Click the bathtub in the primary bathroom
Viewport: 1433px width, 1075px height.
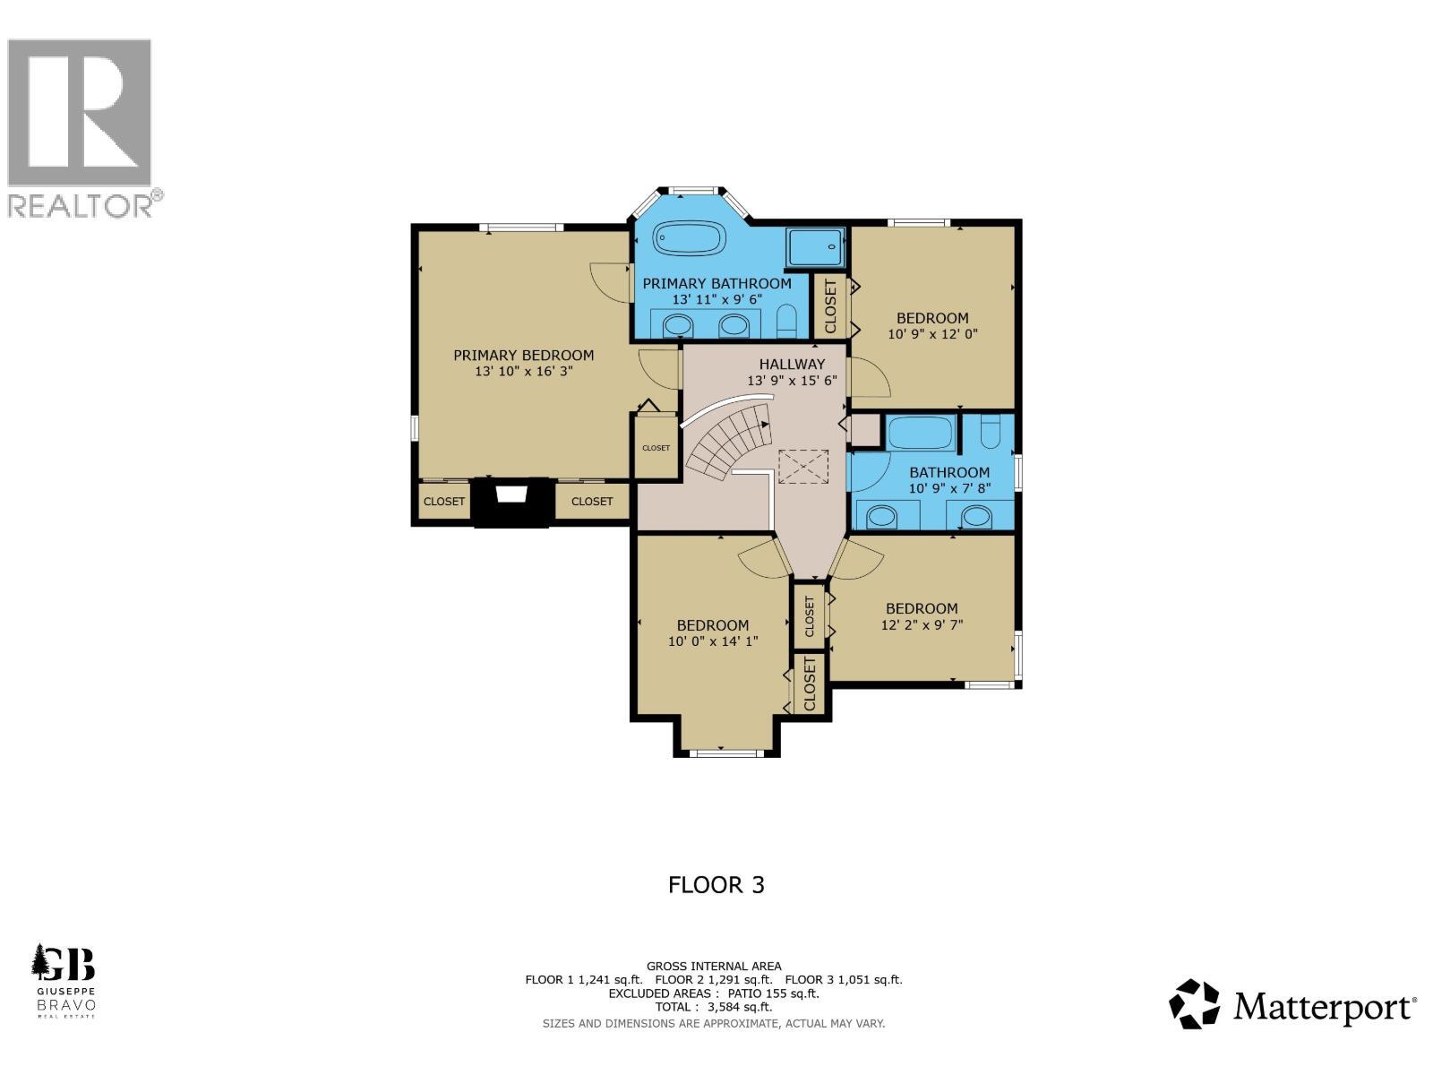[x=688, y=239]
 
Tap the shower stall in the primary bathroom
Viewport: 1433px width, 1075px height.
[x=814, y=247]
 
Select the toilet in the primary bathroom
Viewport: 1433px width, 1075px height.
[x=786, y=321]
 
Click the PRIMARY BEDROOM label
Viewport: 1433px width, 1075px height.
[x=523, y=356]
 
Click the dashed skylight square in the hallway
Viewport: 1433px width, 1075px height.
[x=802, y=467]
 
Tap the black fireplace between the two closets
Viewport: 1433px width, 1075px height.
[x=511, y=502]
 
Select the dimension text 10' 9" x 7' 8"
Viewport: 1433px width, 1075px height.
[x=949, y=488]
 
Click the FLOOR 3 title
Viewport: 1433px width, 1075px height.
[x=716, y=885]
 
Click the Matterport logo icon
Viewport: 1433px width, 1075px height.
[x=1195, y=1003]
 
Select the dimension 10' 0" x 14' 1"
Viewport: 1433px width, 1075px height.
[x=713, y=641]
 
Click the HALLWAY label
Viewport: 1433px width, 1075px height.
[x=792, y=365]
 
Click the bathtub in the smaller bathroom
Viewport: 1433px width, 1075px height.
[x=920, y=434]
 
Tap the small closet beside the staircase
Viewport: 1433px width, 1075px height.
[x=656, y=447]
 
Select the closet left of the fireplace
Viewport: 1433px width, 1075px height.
[x=443, y=502]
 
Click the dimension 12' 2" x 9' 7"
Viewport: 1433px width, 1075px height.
[x=922, y=624]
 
